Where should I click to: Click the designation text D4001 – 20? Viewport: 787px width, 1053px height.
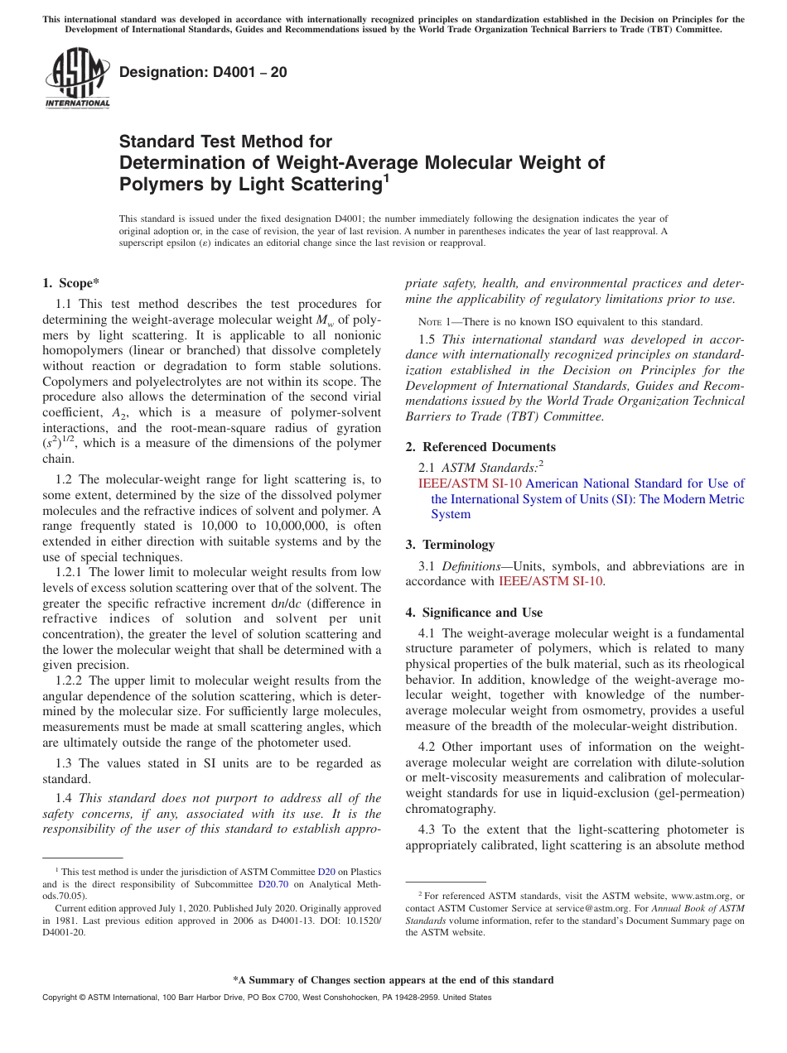click(x=203, y=72)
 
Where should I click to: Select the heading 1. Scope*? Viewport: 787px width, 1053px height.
click(x=71, y=283)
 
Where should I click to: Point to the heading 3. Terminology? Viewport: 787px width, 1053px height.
click(x=450, y=545)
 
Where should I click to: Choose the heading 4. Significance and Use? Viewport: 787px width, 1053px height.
click(x=474, y=613)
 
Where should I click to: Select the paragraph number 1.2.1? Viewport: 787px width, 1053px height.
click(x=71, y=572)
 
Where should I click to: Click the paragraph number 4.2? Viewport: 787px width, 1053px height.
click(x=428, y=747)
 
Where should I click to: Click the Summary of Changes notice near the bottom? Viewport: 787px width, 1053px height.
click(x=393, y=980)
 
